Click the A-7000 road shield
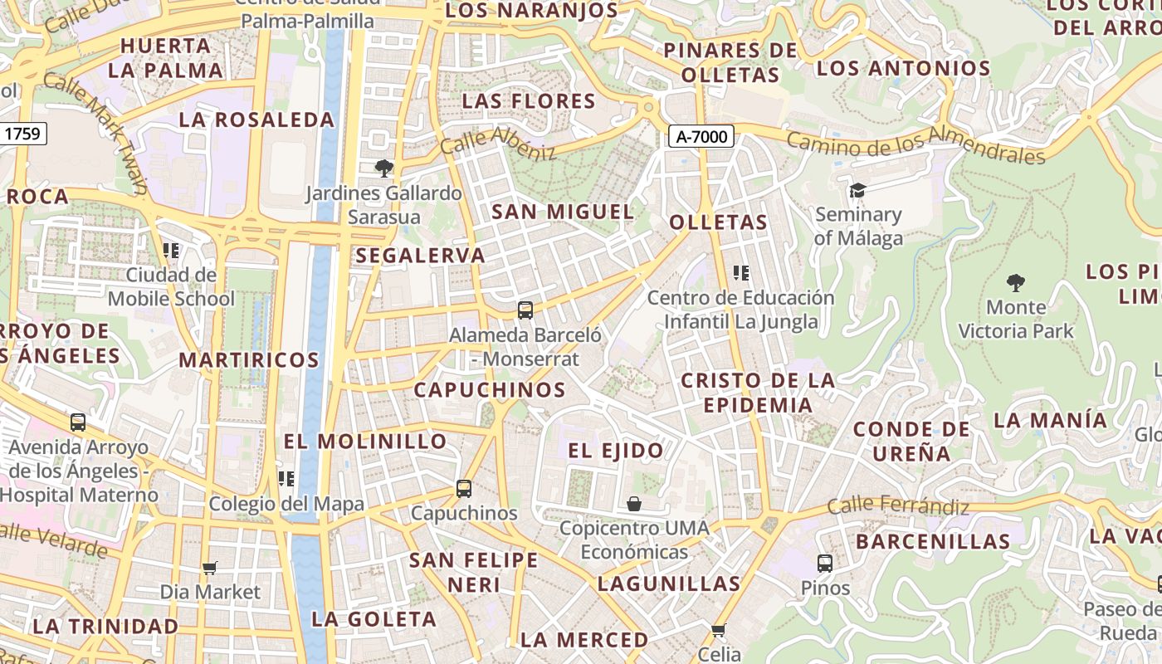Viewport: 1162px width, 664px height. pyautogui.click(x=701, y=137)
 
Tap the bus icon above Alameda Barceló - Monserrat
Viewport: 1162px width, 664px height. pyautogui.click(x=525, y=310)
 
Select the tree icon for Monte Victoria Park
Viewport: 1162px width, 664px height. pyautogui.click(x=1015, y=283)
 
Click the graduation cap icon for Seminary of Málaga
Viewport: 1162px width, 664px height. pyautogui.click(x=857, y=191)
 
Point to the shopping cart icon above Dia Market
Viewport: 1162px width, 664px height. pyautogui.click(x=210, y=568)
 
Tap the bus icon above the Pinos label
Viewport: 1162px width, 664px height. pyautogui.click(x=825, y=564)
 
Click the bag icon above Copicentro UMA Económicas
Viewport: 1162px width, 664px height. pyautogui.click(x=634, y=504)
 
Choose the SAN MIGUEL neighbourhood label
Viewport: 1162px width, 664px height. pyautogui.click(x=563, y=212)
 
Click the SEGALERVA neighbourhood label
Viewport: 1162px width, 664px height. pyautogui.click(x=421, y=256)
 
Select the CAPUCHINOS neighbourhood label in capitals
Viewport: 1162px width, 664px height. pyautogui.click(x=490, y=389)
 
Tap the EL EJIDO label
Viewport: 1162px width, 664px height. pyautogui.click(x=616, y=451)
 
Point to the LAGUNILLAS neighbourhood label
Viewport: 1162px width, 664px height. pyautogui.click(x=669, y=583)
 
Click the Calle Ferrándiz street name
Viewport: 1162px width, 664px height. pyautogui.click(x=898, y=505)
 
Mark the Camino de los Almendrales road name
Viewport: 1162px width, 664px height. pyautogui.click(x=915, y=144)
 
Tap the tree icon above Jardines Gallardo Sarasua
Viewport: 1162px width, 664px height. pyautogui.click(x=383, y=168)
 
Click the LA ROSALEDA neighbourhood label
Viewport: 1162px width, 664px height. pyautogui.click(x=256, y=120)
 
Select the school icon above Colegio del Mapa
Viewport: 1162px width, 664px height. pyautogui.click(x=286, y=479)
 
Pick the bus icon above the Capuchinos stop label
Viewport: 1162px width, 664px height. pyautogui.click(x=464, y=489)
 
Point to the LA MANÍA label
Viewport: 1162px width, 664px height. pyautogui.click(x=1050, y=420)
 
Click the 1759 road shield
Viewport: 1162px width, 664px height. pyautogui.click(x=22, y=133)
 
